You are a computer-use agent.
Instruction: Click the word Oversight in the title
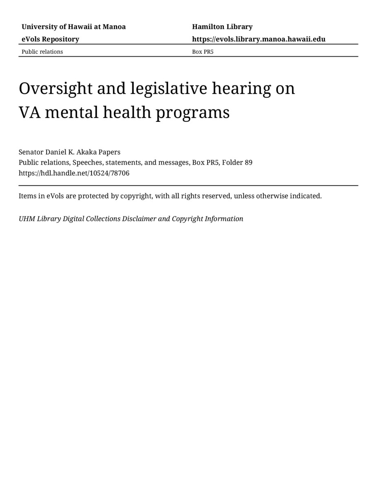56,88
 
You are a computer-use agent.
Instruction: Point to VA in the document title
29,112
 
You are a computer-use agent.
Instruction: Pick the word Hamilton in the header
208,27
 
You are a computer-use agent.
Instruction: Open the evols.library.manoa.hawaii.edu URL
259,39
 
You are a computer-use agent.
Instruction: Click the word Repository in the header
60,39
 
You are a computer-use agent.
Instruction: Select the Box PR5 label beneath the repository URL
203,52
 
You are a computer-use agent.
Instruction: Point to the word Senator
31,152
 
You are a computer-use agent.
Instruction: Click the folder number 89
249,163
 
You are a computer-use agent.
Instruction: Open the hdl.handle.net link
74,173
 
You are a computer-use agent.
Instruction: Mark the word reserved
216,196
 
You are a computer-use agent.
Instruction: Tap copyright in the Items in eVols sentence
136,196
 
